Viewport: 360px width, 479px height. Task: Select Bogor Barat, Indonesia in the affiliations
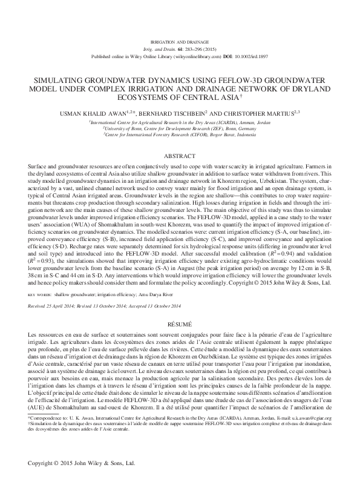[223, 133]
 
